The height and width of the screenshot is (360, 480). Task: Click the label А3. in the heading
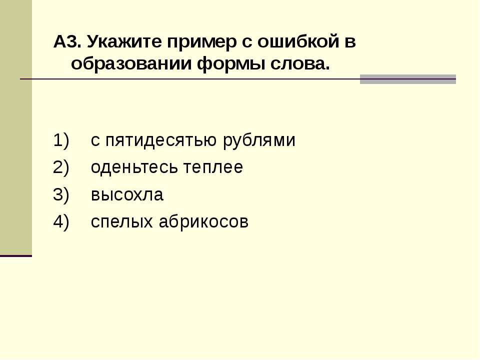click(x=67, y=41)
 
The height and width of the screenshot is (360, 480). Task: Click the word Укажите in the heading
click(x=124, y=41)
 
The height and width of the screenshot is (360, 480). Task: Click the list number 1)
click(x=61, y=140)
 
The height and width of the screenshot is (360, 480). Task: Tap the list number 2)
click(x=61, y=167)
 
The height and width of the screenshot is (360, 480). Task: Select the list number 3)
click(x=61, y=194)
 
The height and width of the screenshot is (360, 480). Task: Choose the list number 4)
click(x=61, y=221)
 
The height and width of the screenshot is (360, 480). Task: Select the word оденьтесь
click(x=134, y=167)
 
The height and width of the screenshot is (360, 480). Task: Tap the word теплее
click(x=213, y=167)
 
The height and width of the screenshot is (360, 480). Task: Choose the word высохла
click(x=127, y=195)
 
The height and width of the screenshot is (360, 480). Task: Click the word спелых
click(x=122, y=222)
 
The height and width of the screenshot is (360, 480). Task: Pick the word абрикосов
click(x=203, y=221)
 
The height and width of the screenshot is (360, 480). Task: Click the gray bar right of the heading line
click(x=408, y=79)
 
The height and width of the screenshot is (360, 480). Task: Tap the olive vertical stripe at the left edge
click(x=16, y=127)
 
